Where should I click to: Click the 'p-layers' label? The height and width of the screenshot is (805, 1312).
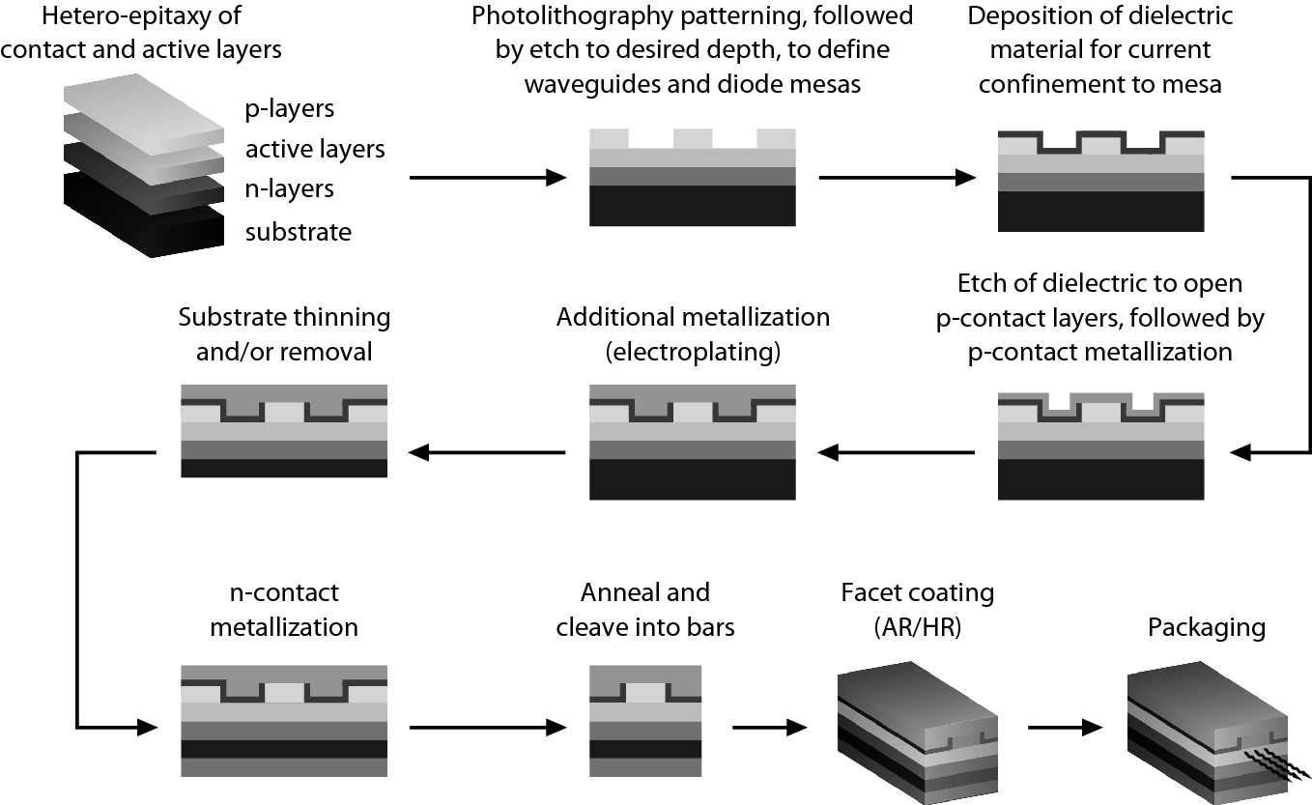(289, 109)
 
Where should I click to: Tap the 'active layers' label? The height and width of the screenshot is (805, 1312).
(315, 149)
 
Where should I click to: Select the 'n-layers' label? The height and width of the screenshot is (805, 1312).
(289, 189)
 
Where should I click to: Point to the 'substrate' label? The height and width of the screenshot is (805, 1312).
(298, 232)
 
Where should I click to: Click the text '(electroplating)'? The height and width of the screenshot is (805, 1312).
(693, 352)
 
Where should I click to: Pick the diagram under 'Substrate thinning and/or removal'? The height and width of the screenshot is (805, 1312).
(285, 431)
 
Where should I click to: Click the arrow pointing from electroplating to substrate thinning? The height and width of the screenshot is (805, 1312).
(487, 451)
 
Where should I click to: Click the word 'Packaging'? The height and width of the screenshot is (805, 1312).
(1206, 627)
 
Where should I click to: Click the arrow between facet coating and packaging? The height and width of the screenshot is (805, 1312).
(1066, 726)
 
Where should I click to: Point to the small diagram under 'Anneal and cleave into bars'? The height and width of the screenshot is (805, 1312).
(645, 719)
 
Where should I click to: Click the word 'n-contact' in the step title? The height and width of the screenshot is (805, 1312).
(284, 592)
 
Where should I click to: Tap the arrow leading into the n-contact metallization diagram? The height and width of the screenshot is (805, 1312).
(116, 726)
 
